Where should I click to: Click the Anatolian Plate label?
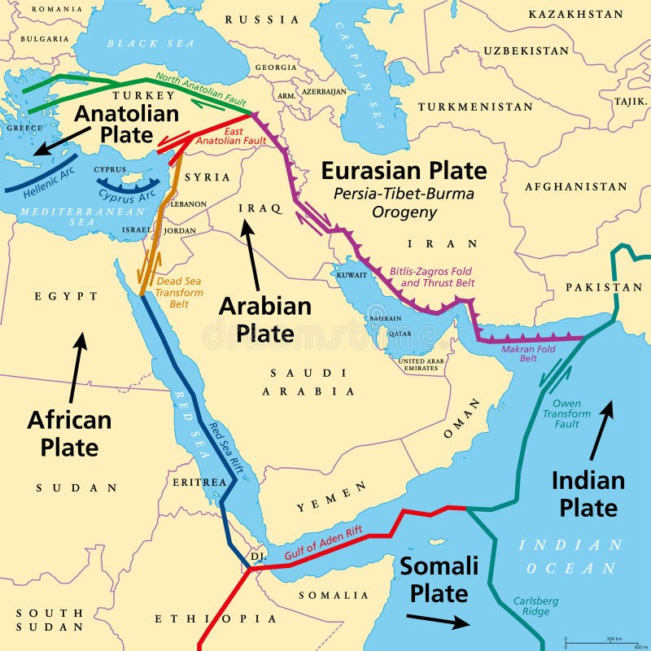coord(114,123)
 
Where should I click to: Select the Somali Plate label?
coord(439,579)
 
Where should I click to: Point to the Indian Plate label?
coord(588,493)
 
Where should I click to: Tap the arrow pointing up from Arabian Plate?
coord(251,255)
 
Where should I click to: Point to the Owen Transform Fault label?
coord(566,413)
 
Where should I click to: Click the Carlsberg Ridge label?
coord(535,607)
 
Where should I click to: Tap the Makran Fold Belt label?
coord(540,352)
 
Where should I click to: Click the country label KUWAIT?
coord(352,275)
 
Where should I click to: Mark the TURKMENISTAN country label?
coord(476,107)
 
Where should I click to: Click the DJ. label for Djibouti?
coord(258,557)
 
